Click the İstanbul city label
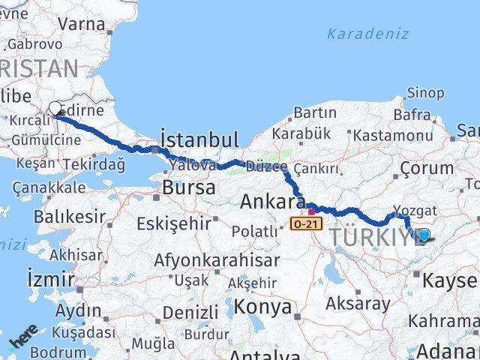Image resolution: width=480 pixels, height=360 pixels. tap(199, 139)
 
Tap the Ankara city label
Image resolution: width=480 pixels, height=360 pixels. tap(271, 202)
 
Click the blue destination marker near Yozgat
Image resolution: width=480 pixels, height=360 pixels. tap(424, 235)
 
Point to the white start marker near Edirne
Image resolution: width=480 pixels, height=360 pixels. tap(55, 109)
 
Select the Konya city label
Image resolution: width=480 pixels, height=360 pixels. tap(262, 306)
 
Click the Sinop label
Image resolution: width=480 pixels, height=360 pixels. tap(425, 93)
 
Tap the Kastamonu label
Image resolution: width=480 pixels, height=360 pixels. tap(392, 136)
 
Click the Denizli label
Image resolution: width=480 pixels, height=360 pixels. tap(190, 311)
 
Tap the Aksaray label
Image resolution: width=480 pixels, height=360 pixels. tap(358, 304)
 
